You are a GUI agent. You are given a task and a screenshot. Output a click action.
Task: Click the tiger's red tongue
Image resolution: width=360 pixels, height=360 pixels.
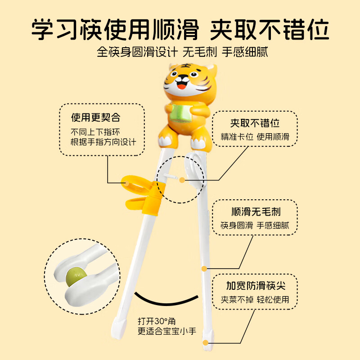[182, 87]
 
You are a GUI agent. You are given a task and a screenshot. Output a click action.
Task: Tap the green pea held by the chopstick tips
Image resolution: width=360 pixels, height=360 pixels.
[76, 276]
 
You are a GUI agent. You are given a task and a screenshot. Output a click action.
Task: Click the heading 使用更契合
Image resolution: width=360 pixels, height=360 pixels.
[96, 117]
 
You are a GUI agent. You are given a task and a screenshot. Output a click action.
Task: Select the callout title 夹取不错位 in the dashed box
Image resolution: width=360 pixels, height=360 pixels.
[255, 123]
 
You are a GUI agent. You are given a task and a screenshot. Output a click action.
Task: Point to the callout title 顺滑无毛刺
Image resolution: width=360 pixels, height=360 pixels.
[256, 211]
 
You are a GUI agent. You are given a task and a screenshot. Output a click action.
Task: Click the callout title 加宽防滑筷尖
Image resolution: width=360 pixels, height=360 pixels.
[256, 286]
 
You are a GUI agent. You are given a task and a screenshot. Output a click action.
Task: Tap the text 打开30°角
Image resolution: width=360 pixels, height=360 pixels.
[157, 321]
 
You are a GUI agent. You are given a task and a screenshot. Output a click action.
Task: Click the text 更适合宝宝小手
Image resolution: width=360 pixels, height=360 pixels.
[167, 331]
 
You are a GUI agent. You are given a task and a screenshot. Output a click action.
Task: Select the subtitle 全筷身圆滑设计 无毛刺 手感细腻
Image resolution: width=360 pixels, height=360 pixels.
[182, 52]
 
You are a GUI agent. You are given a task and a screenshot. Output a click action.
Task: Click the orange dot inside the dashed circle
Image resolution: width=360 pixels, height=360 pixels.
[182, 180]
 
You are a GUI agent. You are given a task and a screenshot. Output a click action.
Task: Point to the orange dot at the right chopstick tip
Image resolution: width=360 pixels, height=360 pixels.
[206, 343]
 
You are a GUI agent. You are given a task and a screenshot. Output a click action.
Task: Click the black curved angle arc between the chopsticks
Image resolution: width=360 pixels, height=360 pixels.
[166, 303]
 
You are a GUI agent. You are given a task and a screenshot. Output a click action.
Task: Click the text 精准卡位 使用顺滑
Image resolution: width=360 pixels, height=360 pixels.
[255, 137]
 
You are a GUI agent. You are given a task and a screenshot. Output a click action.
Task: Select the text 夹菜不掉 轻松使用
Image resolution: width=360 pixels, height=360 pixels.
[255, 299]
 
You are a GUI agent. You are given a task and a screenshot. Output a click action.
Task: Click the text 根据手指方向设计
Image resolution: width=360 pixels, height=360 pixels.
[103, 142]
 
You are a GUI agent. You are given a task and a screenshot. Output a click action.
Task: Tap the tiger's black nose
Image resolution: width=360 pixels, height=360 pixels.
[183, 77]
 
